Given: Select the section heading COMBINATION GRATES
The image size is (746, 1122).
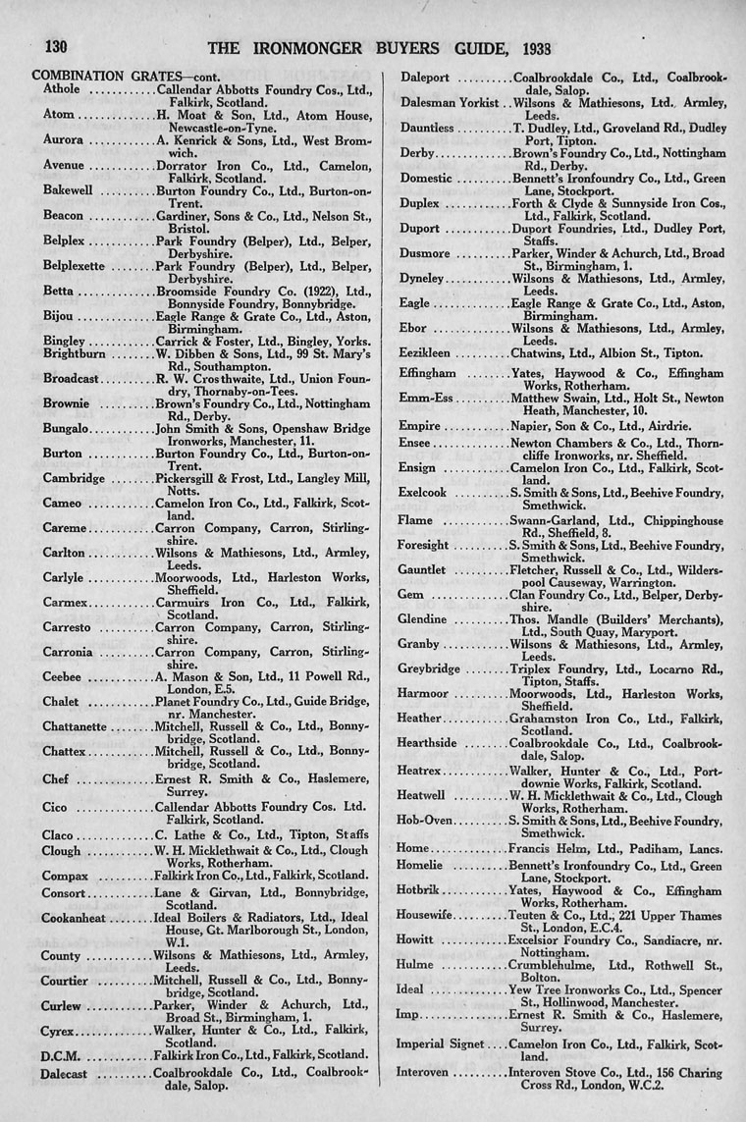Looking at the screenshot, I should [92, 76].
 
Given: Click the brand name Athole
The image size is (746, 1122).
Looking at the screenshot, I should [62, 89].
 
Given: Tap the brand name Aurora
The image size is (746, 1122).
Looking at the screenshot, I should [63, 140].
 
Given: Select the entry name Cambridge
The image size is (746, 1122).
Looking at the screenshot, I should [73, 478].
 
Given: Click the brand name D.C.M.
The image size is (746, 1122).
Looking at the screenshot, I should [60, 1055].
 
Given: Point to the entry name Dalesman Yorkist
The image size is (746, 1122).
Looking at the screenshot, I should [450, 102].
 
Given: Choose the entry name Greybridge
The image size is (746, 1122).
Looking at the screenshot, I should [431, 668].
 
